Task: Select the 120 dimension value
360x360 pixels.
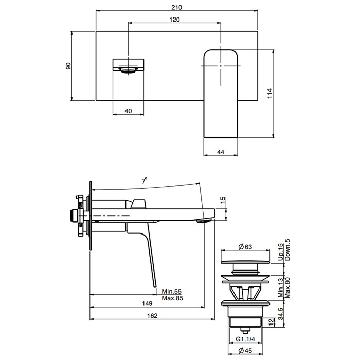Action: [x=174, y=20]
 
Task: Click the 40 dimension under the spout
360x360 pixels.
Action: [x=128, y=111]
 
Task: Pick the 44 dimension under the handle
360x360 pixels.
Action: [x=221, y=152]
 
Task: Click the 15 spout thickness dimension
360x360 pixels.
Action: [x=223, y=201]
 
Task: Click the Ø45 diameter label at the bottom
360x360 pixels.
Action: [x=244, y=351]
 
